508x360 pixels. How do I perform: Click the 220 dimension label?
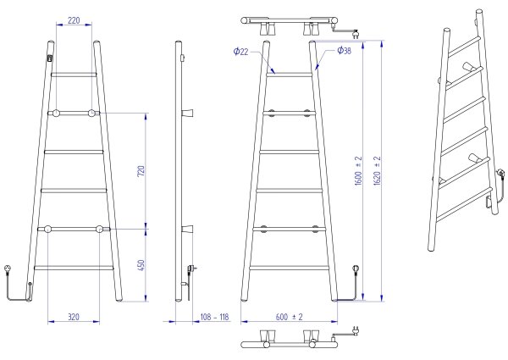point(74,20)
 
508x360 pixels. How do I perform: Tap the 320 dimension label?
point(74,317)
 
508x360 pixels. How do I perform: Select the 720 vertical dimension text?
point(141,171)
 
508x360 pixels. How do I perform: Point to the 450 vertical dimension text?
point(141,265)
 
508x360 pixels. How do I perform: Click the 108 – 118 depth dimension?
point(214,317)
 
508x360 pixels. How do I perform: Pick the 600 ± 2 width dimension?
point(289,317)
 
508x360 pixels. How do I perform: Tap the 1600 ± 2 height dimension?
point(358,171)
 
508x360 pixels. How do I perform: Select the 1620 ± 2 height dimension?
point(377,171)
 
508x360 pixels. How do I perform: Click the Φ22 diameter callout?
point(241,52)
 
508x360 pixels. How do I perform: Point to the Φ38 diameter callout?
point(344,50)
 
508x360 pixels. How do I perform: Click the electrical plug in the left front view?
point(7,269)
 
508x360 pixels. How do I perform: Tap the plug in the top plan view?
point(356,33)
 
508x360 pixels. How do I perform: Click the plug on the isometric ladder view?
point(501,173)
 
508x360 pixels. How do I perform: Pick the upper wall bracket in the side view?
point(187,114)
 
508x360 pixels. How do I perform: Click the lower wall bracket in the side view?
point(187,229)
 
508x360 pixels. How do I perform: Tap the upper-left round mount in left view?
point(56,114)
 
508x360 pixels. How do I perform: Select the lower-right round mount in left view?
point(99,229)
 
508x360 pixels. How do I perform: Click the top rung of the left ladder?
point(74,75)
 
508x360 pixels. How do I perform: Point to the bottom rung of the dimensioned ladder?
point(290,268)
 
